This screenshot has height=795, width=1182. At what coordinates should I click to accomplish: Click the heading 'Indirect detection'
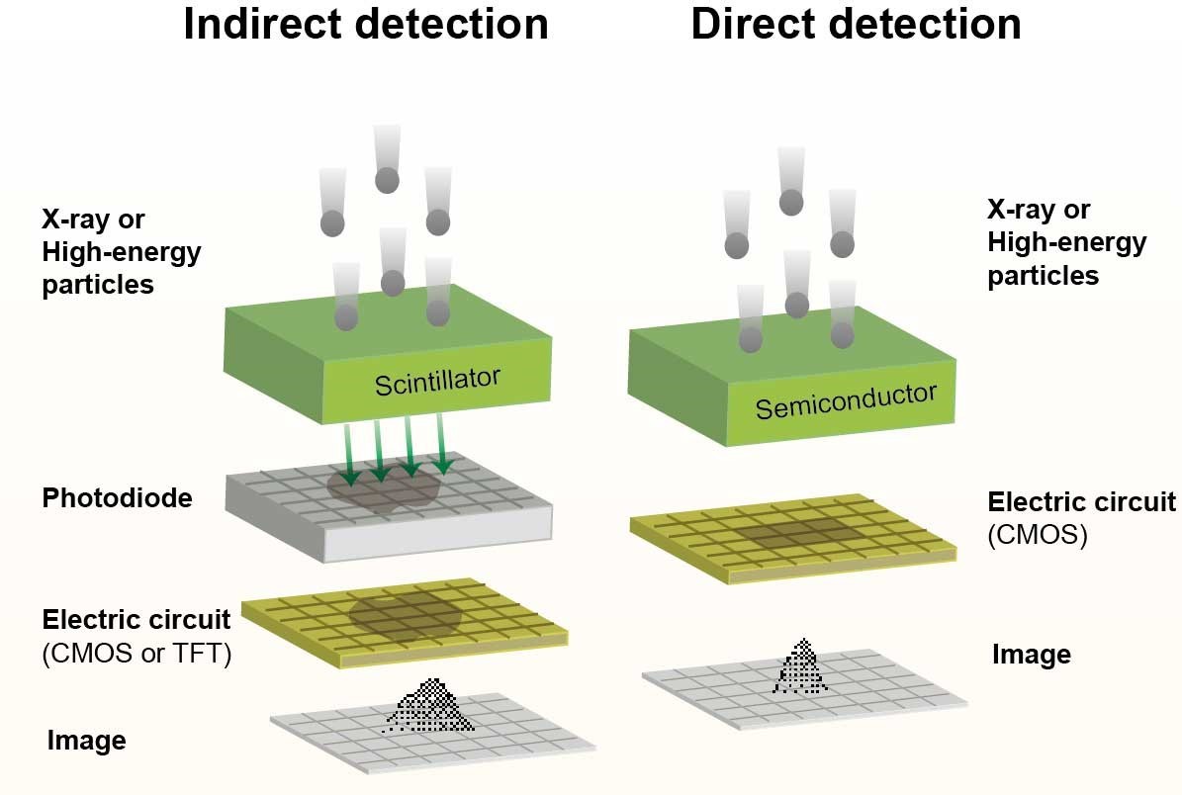[x=366, y=25]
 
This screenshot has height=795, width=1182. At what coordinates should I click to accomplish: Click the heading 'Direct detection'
[x=856, y=25]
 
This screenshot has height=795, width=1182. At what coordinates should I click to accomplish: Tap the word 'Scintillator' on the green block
[x=437, y=380]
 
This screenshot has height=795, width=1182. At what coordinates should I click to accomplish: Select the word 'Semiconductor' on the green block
[x=845, y=400]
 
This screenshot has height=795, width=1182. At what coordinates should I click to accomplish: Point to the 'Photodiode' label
[x=117, y=498]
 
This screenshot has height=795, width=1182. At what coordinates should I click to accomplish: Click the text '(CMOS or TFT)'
[x=136, y=654]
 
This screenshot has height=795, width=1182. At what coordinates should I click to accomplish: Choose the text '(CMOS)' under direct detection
[x=1038, y=536]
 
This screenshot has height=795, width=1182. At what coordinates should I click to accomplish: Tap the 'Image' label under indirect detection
[x=87, y=741]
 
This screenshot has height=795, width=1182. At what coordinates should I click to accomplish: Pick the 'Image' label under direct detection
[x=1032, y=655]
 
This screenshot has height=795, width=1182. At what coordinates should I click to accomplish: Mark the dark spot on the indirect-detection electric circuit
[x=405, y=614]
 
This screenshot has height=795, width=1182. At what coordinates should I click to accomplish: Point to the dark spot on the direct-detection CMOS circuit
[x=797, y=533]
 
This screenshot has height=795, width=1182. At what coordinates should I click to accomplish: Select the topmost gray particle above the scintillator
[x=387, y=180]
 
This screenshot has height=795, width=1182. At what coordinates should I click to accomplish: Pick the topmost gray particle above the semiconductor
[x=790, y=203]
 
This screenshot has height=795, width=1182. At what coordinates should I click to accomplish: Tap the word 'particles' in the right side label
[x=1043, y=275]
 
